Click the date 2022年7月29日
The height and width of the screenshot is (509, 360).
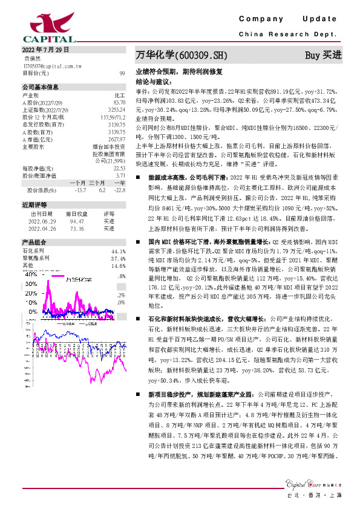tap(46, 50)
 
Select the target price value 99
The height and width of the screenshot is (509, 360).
tap(122, 73)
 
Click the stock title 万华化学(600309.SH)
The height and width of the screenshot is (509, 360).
tap(181, 56)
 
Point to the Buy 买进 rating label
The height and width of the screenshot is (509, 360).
tap(323, 56)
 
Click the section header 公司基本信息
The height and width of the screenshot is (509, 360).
tap(40, 86)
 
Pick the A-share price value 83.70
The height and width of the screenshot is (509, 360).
tap(119, 102)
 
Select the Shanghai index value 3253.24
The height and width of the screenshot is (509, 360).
tap(117, 109)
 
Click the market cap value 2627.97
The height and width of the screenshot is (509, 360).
tap(117, 138)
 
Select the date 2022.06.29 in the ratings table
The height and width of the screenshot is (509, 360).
tap(42, 222)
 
